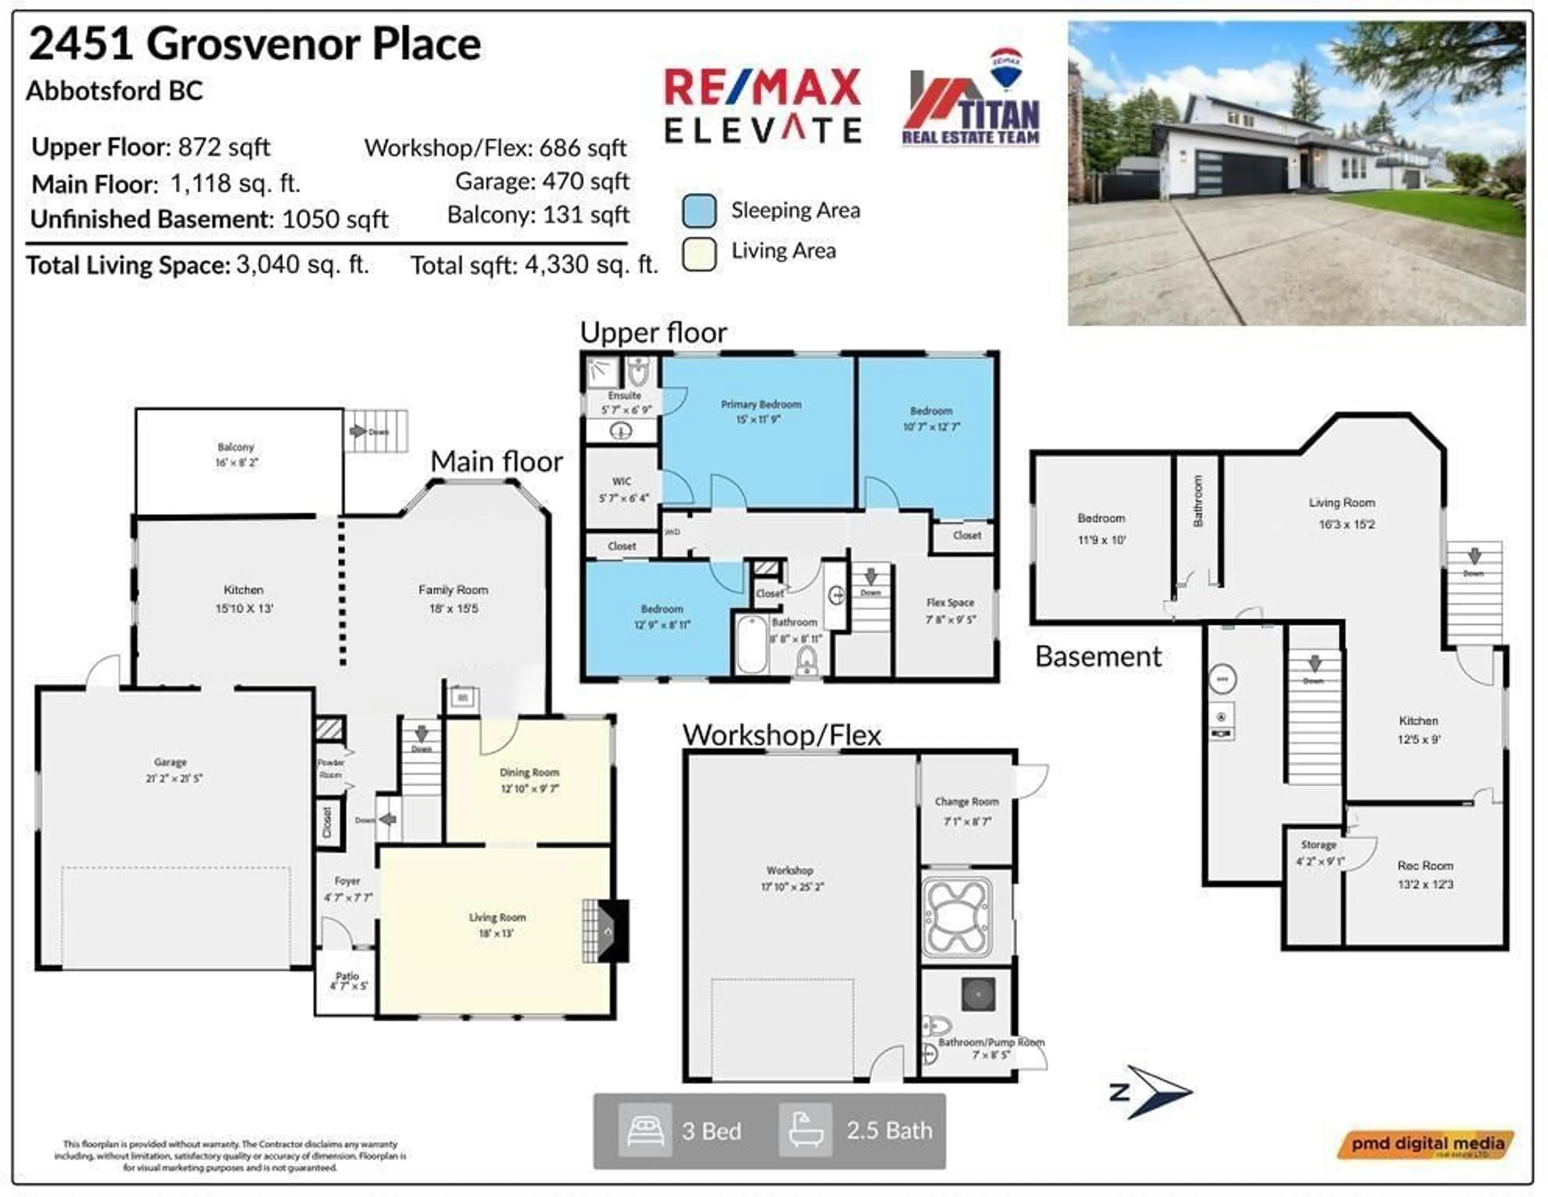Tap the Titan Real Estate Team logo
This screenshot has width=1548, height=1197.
971,99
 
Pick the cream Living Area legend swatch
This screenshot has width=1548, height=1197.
699,253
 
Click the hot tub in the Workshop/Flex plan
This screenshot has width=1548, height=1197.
957,916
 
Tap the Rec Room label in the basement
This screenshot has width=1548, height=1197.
1425,865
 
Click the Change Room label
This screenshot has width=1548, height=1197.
966,802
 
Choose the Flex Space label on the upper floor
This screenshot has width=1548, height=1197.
950,603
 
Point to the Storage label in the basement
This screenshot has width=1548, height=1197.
1318,845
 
